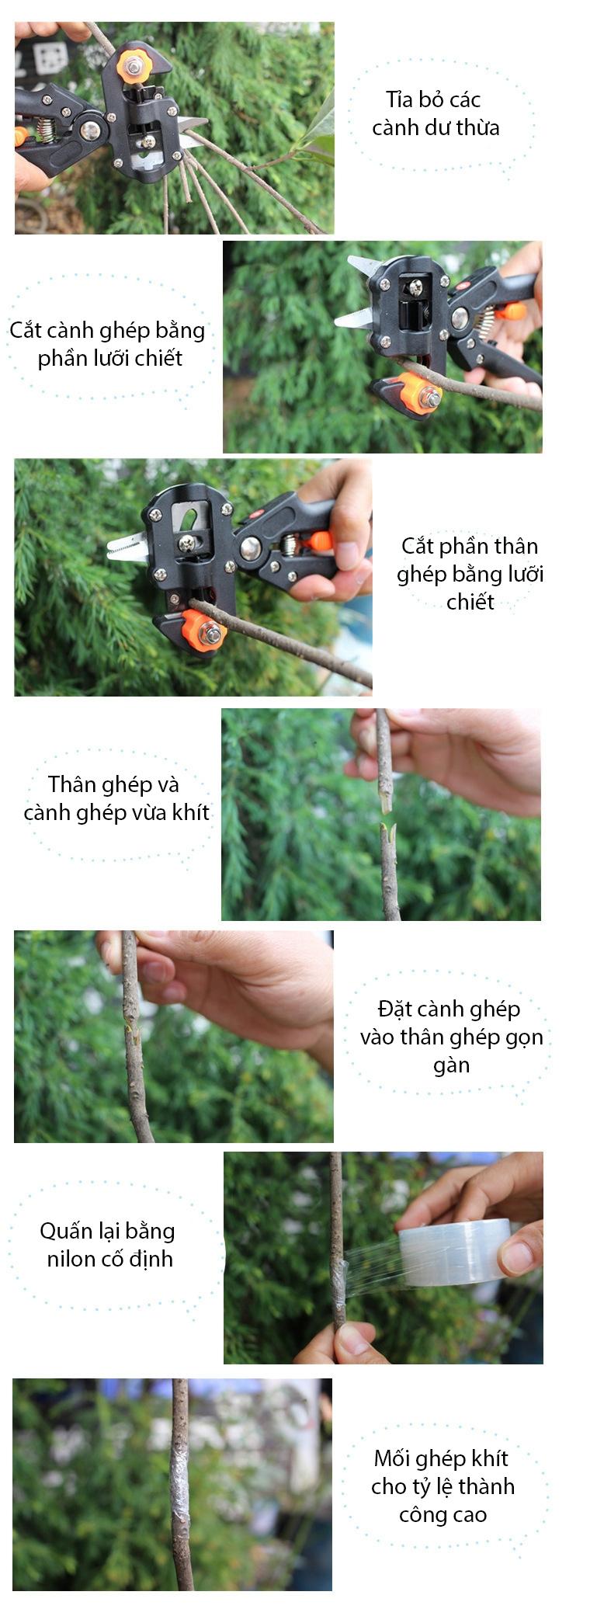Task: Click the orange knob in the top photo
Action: pyautogui.click(x=133, y=67)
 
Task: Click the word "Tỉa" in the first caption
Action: pyautogui.click(x=399, y=99)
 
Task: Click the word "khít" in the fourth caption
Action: pyautogui.click(x=192, y=812)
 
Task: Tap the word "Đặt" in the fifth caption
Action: pyautogui.click(x=393, y=1009)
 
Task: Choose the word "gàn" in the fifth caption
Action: pyautogui.click(x=451, y=1065)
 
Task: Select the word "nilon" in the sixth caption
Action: pyautogui.click(x=71, y=1259)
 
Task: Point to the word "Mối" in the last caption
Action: pyautogui.click(x=391, y=1458)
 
